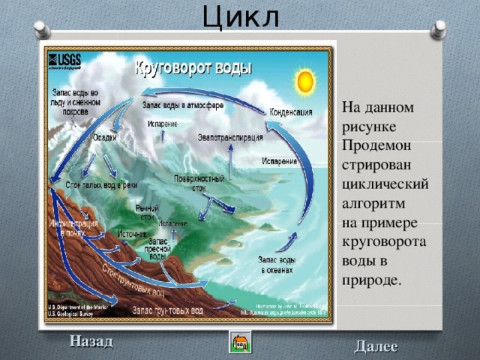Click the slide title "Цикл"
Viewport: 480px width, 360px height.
240,16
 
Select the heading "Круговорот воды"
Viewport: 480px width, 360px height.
193,68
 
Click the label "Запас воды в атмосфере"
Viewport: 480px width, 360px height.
183,106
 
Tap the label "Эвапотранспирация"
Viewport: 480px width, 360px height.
230,138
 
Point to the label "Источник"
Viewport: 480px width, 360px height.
131,234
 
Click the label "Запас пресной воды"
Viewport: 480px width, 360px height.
158,249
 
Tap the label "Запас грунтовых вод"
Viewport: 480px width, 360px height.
168,310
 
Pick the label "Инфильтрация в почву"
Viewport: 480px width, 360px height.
73,227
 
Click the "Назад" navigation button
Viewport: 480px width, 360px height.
91,342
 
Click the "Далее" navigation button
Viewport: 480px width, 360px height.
376,346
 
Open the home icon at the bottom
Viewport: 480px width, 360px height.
240,343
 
